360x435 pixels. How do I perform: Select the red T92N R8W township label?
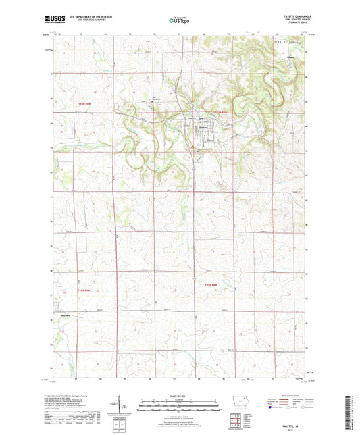click(213, 286)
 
